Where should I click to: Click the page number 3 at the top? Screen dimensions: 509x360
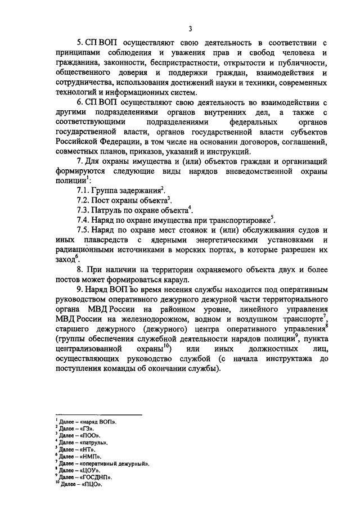click(x=191, y=29)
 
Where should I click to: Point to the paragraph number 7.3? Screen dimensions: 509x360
click(x=84, y=210)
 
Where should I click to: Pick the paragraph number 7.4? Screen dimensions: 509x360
click(x=84, y=220)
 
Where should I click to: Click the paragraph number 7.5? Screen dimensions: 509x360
click(x=84, y=230)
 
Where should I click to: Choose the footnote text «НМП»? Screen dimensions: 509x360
click(x=88, y=457)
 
